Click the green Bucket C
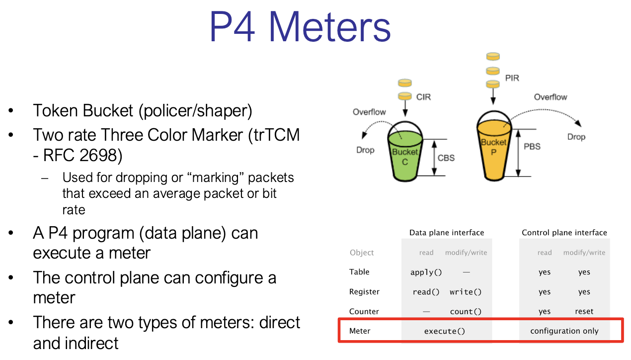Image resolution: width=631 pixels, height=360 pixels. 405,157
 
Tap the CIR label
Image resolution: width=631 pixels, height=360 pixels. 423,97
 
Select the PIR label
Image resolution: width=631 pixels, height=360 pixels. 512,78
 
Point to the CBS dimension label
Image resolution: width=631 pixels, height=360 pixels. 446,158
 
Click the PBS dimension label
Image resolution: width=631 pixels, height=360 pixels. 532,147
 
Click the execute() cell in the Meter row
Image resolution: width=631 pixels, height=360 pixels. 445,331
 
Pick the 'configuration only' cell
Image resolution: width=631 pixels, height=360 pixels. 564,331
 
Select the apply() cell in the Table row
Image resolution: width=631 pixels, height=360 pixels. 426,272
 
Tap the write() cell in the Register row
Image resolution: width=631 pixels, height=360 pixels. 466,292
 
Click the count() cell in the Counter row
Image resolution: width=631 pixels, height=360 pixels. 466,311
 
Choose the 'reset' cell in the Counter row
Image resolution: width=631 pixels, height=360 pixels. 584,311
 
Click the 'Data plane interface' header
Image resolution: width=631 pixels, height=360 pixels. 447,233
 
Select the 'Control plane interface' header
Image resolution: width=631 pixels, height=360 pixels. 564,233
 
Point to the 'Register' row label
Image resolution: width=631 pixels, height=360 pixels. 364,292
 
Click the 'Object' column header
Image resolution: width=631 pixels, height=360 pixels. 362,253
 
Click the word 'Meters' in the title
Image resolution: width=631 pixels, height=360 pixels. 330,27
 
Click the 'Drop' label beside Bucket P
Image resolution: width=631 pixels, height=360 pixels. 576,137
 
